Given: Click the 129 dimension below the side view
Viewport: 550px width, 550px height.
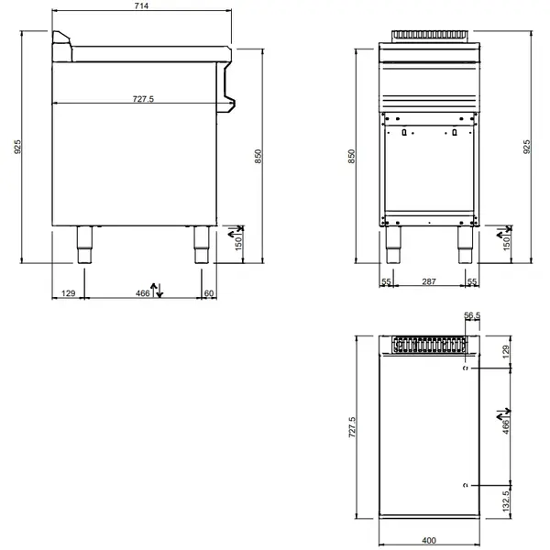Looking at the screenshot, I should pyautogui.click(x=67, y=292).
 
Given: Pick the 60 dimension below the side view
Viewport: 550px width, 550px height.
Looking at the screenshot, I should pyautogui.click(x=209, y=292).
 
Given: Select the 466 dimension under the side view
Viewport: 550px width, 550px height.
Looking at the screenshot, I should pyautogui.click(x=142, y=292).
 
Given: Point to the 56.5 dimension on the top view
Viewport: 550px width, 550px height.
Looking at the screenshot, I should pyautogui.click(x=473, y=316).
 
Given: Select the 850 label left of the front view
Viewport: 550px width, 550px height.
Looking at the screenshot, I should pyautogui.click(x=351, y=157).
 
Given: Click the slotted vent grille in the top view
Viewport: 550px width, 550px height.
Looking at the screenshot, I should pyautogui.click(x=429, y=346).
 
